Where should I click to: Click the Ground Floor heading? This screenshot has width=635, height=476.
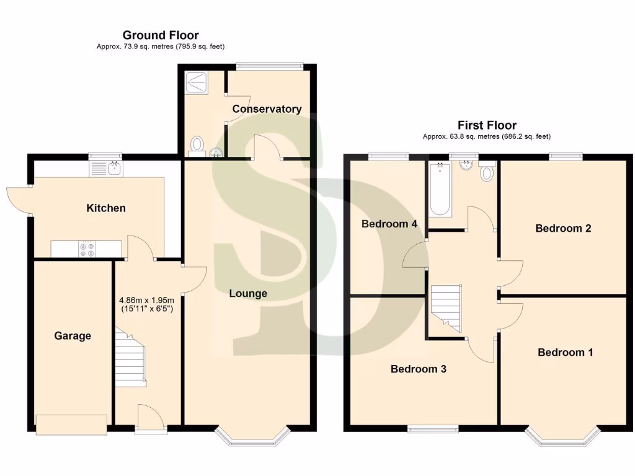click(161, 35)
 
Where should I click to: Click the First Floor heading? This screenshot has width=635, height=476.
click(487, 125)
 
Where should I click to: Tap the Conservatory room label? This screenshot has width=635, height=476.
click(267, 109)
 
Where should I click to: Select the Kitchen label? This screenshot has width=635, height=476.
click(105, 208)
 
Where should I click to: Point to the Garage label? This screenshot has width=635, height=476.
click(73, 336)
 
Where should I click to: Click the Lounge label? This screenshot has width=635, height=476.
click(248, 293)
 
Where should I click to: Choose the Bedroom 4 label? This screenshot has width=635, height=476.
click(389, 224)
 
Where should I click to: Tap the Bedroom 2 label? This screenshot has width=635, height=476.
click(563, 228)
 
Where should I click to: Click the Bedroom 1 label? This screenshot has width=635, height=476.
click(565, 353)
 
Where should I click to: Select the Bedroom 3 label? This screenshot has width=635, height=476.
click(419, 369)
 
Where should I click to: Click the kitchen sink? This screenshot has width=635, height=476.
click(107, 168)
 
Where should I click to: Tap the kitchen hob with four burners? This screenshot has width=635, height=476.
click(87, 249)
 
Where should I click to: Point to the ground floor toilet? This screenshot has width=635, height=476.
click(197, 145)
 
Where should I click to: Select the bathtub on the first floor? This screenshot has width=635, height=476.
click(440, 189)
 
